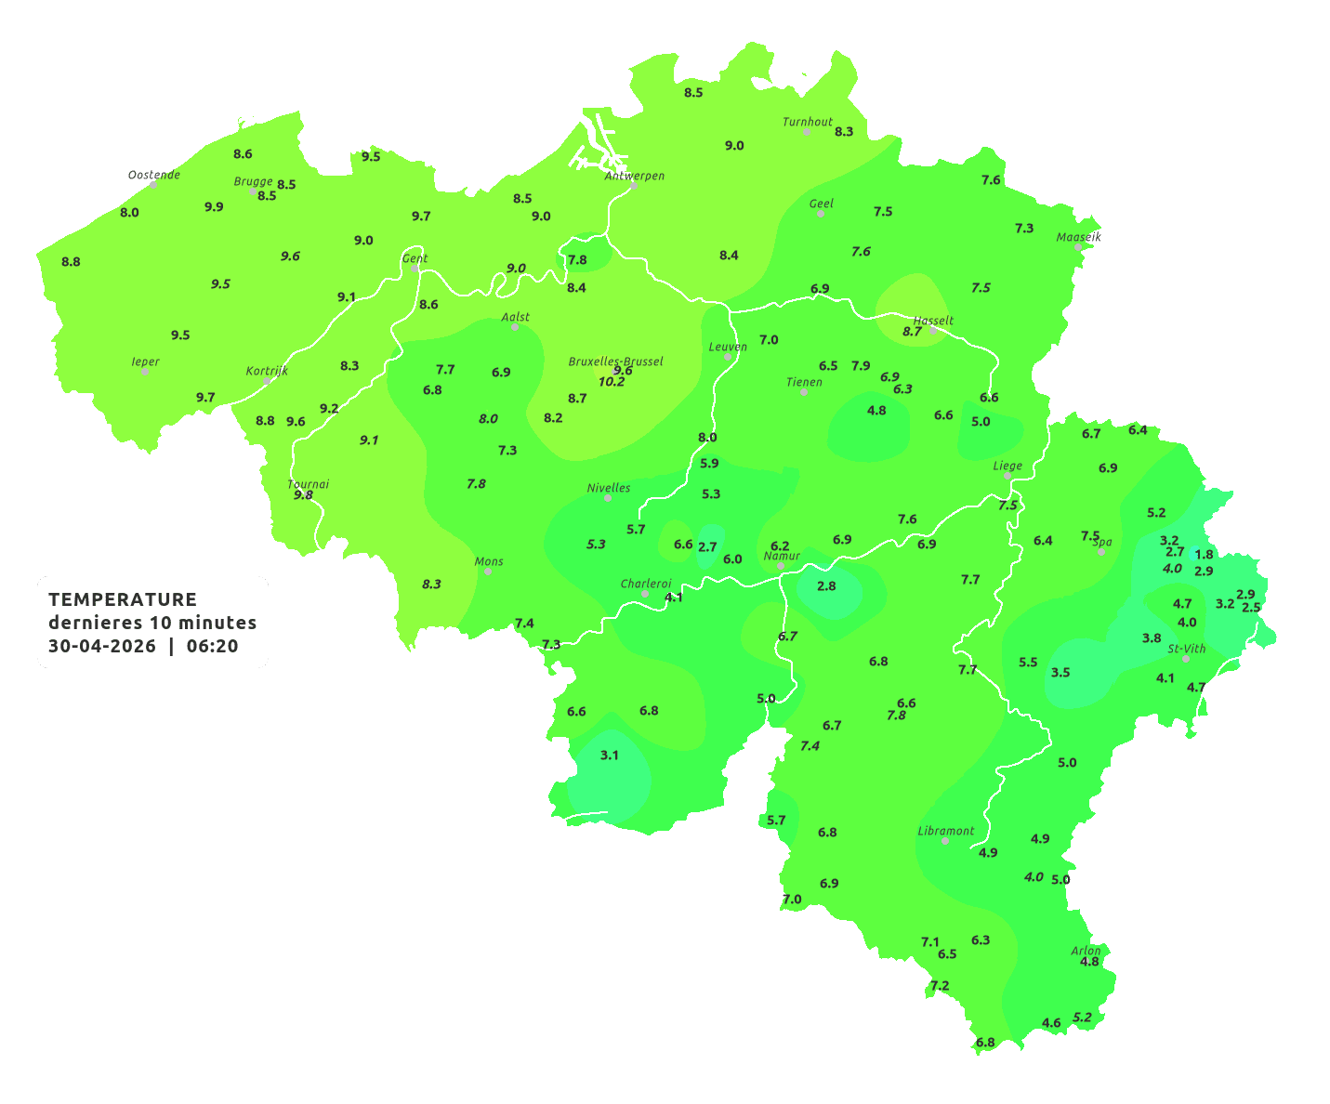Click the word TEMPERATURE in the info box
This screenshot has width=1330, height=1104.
(x=122, y=599)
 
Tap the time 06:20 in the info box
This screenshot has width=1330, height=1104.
(x=212, y=647)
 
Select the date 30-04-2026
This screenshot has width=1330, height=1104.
(x=101, y=647)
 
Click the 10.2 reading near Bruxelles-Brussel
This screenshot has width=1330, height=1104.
(x=612, y=382)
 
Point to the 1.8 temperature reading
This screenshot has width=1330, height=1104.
(x=1204, y=555)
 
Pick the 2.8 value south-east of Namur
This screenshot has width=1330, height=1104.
(x=826, y=586)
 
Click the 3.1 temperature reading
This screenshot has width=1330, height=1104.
(x=609, y=756)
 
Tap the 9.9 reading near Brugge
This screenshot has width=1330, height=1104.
(x=214, y=207)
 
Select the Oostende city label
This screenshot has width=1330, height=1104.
(x=153, y=175)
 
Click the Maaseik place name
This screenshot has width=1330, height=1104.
(x=1078, y=237)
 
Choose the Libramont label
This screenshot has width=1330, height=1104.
(x=945, y=831)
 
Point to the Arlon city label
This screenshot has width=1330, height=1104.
(x=1086, y=950)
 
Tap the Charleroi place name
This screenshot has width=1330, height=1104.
(x=645, y=584)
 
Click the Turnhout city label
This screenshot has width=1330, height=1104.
(x=807, y=122)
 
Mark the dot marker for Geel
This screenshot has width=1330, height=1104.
(x=821, y=214)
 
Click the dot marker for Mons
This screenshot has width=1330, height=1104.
(x=488, y=572)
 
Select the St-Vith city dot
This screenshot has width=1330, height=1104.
(x=1186, y=659)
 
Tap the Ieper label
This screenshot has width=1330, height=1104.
(x=145, y=361)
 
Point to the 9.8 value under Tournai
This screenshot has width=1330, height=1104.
(x=303, y=495)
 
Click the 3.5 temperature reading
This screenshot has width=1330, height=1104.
(x=1060, y=673)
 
